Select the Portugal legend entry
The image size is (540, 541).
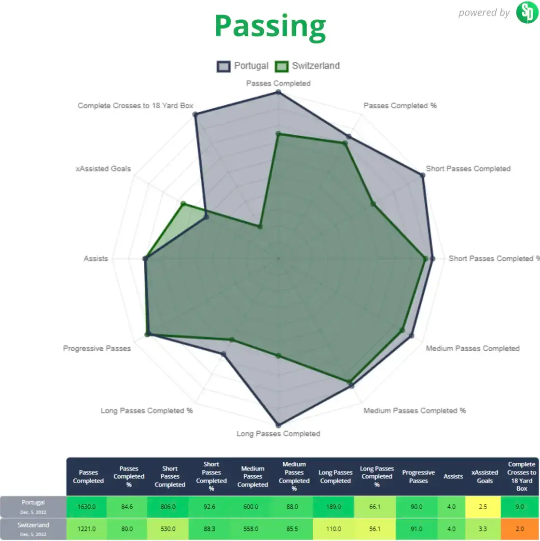[243, 66]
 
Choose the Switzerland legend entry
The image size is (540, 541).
[308, 66]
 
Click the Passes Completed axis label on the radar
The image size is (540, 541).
[278, 84]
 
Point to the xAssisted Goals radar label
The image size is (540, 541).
[103, 169]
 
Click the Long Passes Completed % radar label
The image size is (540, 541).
[147, 411]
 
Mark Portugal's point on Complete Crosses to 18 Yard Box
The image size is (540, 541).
[195, 114]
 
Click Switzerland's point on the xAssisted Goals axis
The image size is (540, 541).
[183, 204]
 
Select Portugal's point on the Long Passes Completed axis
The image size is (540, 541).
[278, 425]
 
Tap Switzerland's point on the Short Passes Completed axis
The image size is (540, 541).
[373, 204]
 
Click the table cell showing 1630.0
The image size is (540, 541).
[88, 507]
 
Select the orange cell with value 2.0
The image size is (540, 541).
[522, 529]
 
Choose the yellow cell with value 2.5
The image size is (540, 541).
[485, 507]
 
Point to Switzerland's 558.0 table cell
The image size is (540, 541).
[253, 529]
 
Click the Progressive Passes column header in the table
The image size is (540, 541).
[418, 476]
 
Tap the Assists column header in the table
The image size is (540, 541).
[453, 476]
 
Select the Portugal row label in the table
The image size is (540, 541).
[33, 506]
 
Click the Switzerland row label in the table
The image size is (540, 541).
[33, 528]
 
